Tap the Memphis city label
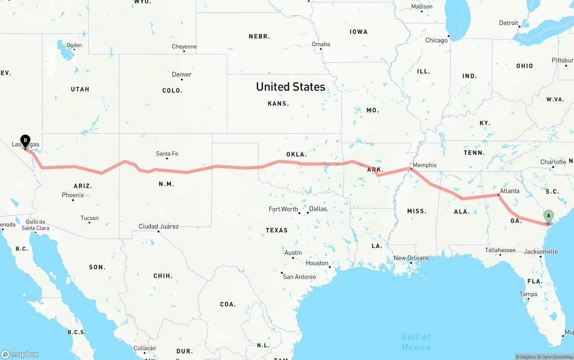424,165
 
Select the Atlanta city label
509,191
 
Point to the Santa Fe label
167,154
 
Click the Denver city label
182,74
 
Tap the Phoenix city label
73,195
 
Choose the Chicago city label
436,40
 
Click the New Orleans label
411,258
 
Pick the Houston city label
317,263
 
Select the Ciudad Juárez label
158,226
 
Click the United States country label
291,87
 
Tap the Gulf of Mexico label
416,342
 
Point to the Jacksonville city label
541,252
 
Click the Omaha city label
321,44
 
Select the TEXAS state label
277,230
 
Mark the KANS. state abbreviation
278,104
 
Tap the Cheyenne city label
184,47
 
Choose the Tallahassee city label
500,250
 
